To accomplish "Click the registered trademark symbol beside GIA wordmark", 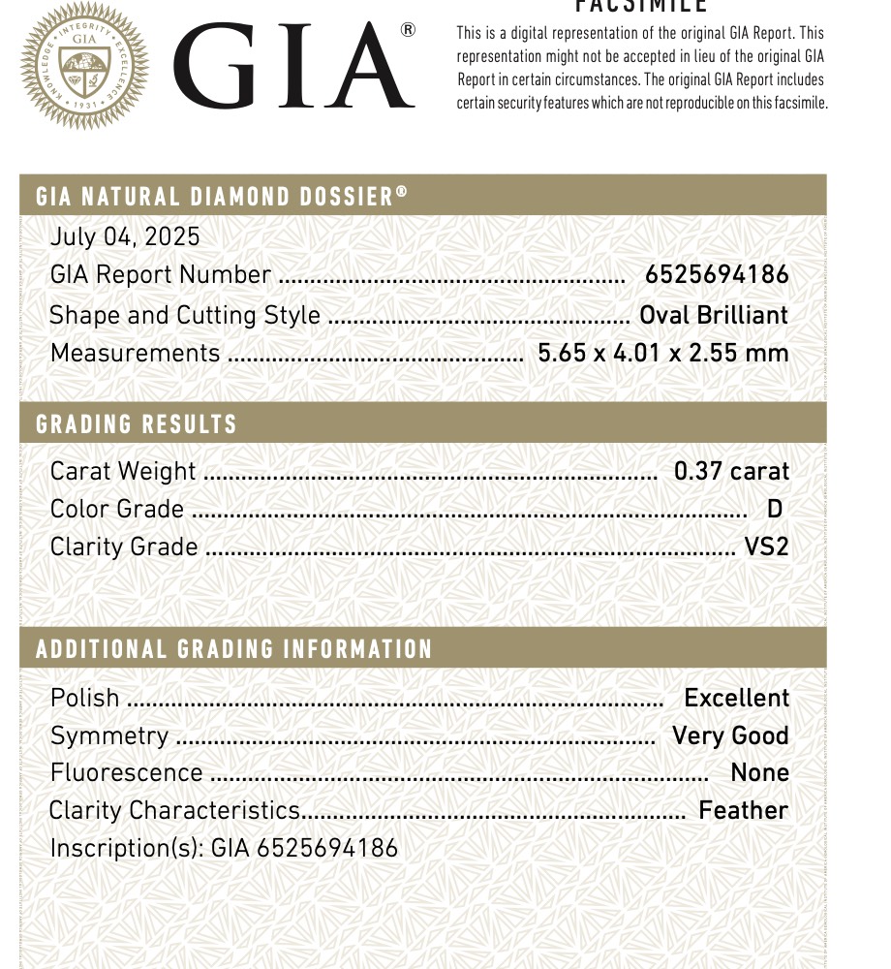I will pos(408,30).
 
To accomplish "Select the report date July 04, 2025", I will pos(125,236).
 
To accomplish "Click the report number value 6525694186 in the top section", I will pos(717,275).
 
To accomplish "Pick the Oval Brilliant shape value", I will pos(714,315).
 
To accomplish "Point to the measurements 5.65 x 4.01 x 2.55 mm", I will pos(662,353).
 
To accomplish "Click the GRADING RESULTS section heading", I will pos(137,424).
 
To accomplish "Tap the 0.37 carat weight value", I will pos(731,472).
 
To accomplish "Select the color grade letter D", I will pos(774,509).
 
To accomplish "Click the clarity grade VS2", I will pos(766,547).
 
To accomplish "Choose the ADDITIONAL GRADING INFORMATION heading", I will pos(233,649).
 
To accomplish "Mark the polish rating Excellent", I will pos(736,698).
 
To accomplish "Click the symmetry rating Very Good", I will pos(730,735).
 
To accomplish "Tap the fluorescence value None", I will pos(759,772).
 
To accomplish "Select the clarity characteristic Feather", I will pos(743,810).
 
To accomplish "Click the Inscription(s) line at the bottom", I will pos(224,848).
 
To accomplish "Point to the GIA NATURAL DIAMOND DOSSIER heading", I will pos(222,197).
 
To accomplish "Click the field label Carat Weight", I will pos(123,472).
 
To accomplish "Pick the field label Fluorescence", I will pos(127,772).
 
